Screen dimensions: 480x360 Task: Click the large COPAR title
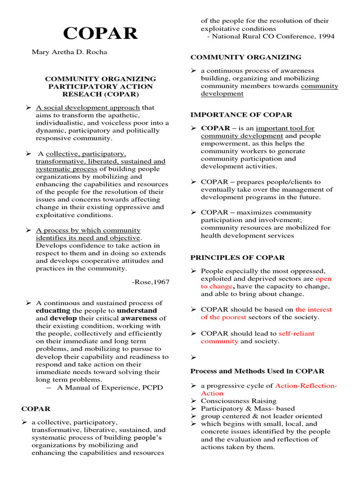point(101,33)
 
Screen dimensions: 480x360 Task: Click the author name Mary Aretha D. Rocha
point(69,52)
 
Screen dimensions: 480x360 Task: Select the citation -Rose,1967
point(151,282)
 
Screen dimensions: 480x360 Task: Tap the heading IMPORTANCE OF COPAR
point(241,115)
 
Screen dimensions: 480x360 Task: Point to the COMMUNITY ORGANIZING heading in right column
point(246,57)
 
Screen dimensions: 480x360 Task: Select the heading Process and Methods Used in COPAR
point(257,371)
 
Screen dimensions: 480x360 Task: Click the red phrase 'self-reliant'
point(296,334)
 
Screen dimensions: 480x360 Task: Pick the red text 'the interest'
point(313,309)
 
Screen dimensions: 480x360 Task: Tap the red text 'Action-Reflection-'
point(306,386)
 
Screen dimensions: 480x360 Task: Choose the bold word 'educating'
point(53,311)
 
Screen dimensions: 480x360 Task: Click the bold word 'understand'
point(137,311)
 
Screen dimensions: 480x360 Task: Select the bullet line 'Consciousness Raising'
point(239,401)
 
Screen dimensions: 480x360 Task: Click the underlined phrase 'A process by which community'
point(88,230)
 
